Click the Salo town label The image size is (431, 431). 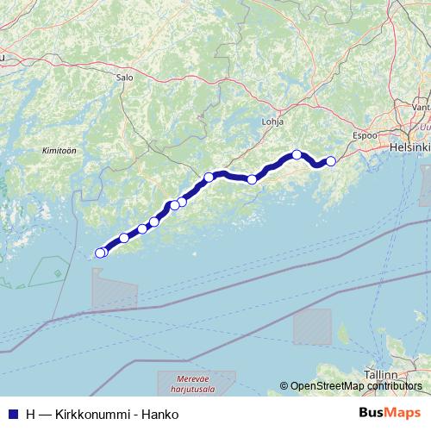[123, 76]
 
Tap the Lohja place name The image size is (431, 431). [272, 122]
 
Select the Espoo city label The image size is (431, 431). [366, 136]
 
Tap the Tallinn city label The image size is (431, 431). [379, 376]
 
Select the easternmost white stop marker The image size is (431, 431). [330, 160]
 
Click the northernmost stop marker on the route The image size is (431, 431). [297, 154]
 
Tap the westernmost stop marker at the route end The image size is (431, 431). [99, 253]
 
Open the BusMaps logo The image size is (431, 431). [391, 413]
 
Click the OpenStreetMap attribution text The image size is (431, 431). [327, 385]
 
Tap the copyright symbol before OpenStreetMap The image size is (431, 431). [284, 385]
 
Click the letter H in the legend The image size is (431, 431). [30, 415]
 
